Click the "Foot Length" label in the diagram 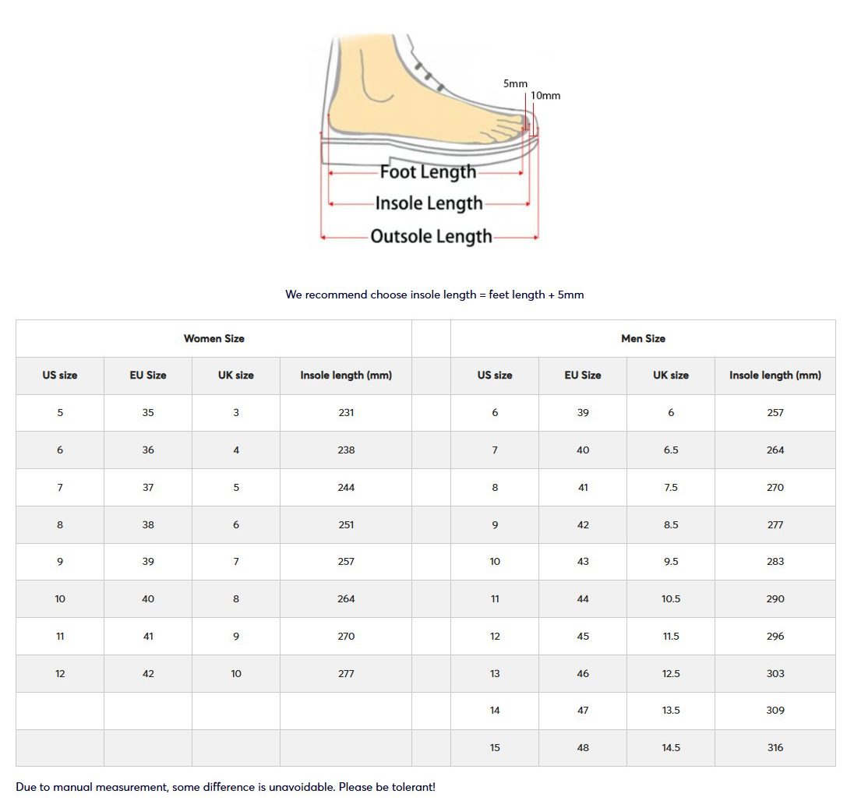[x=428, y=171]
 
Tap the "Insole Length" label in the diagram [x=429, y=203]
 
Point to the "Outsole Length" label [x=431, y=236]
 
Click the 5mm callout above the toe [x=515, y=83]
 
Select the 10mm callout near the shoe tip [x=545, y=96]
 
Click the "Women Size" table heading [x=214, y=339]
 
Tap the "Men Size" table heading [x=643, y=339]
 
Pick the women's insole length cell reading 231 [x=346, y=413]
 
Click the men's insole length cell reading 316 [x=775, y=747]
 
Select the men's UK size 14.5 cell [x=671, y=747]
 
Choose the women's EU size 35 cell [x=148, y=413]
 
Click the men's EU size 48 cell [x=583, y=747]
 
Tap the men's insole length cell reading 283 [x=775, y=562]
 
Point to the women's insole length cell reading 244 [x=346, y=487]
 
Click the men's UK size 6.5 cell [x=671, y=450]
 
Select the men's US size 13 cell [x=495, y=673]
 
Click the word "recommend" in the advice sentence [x=336, y=295]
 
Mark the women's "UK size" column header [x=236, y=376]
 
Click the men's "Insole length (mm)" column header [x=775, y=376]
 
